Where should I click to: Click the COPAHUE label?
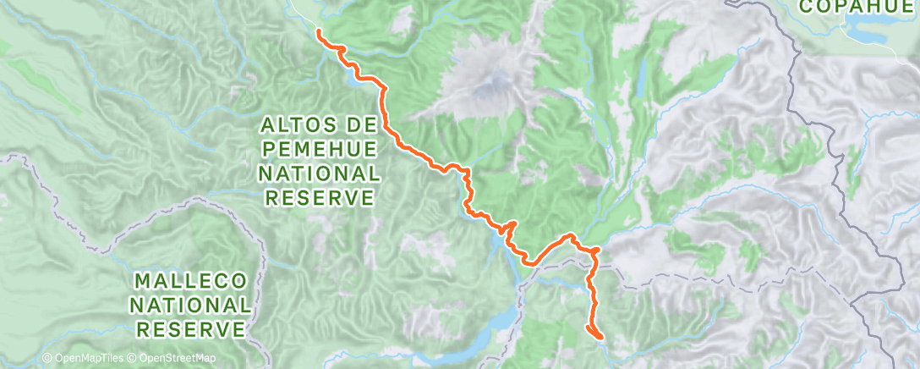point(858,8)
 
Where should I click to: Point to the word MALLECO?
point(190,280)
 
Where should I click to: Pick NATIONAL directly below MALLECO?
point(190,304)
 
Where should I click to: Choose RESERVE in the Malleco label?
point(190,328)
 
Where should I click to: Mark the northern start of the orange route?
point(319,32)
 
